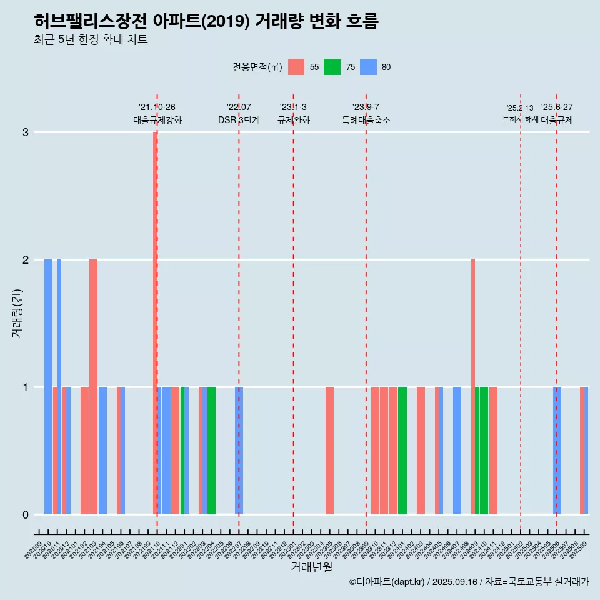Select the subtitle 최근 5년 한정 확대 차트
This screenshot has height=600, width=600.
coord(91,40)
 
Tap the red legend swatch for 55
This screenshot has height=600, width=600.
coord(296,67)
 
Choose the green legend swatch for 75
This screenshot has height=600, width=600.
coord(332,67)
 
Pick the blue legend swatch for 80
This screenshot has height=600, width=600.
coord(368,67)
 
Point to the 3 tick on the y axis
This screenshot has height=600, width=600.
coord(26,132)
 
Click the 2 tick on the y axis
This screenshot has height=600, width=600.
coord(26,260)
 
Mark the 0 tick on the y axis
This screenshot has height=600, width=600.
coord(26,515)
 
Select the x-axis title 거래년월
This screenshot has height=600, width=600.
coord(311,567)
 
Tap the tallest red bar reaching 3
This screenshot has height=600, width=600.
coord(155,322)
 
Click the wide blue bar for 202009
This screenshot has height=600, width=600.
coord(48,386)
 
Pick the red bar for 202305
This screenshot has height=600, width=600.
coord(329,451)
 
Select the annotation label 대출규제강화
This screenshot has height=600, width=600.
coord(157,120)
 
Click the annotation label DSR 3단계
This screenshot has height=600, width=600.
coord(239,120)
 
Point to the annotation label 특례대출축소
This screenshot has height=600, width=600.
coord(366,120)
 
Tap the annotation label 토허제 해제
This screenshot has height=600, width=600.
coord(520,119)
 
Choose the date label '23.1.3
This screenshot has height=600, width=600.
coord(293,107)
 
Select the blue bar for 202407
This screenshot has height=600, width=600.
coord(457,451)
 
